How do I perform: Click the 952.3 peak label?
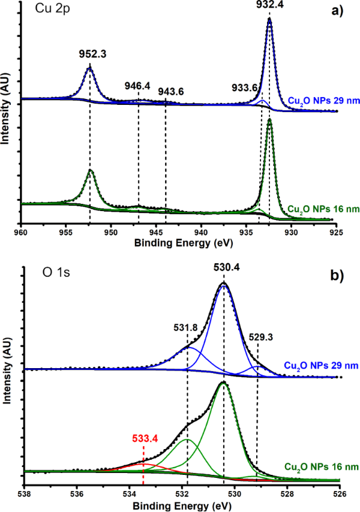point(90,53)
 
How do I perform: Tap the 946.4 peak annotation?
point(137,86)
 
